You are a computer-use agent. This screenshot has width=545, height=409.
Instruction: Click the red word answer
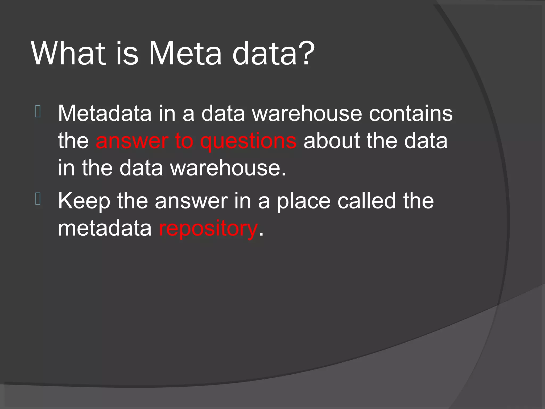tap(132, 141)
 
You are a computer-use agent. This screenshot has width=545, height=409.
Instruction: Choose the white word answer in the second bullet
tap(191, 201)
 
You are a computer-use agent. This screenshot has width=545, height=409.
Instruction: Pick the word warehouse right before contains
tap(307, 113)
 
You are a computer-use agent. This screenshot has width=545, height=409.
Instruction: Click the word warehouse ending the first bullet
tap(228, 168)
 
